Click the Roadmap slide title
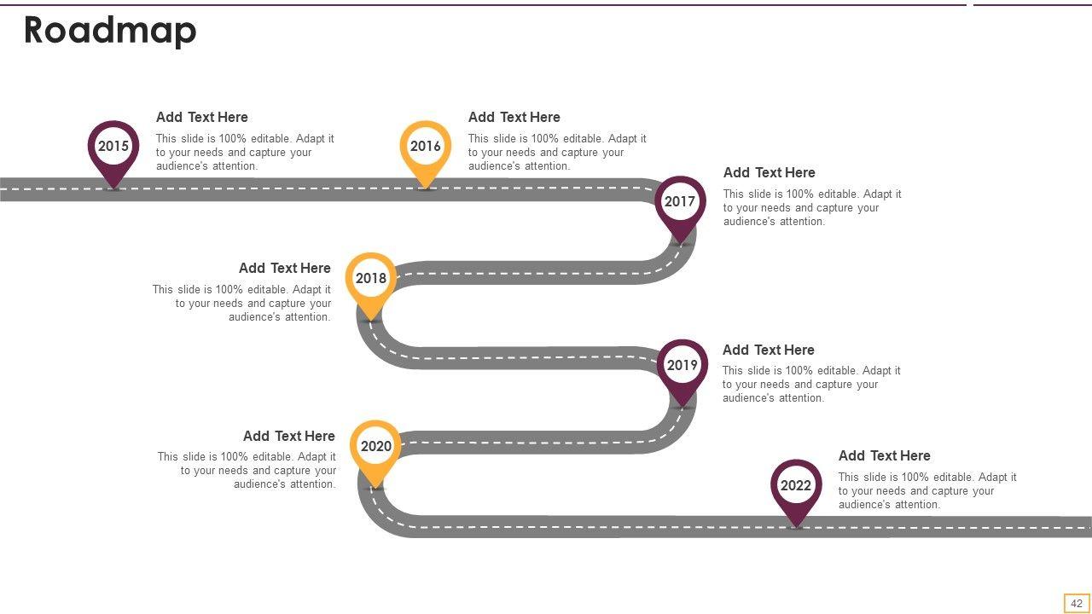[x=110, y=31]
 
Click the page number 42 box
[x=1077, y=604]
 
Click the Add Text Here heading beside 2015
[x=202, y=118]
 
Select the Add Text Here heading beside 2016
[x=514, y=118]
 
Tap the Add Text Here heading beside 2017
[x=770, y=173]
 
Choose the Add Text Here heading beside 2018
[x=285, y=269]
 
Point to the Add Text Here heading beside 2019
[x=769, y=350]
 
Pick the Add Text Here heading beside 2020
[x=289, y=437]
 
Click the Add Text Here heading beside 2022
[x=885, y=456]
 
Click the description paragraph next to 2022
[x=927, y=491]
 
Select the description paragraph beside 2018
[x=242, y=304]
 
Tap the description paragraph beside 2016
[x=557, y=153]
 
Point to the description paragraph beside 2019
[x=811, y=385]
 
